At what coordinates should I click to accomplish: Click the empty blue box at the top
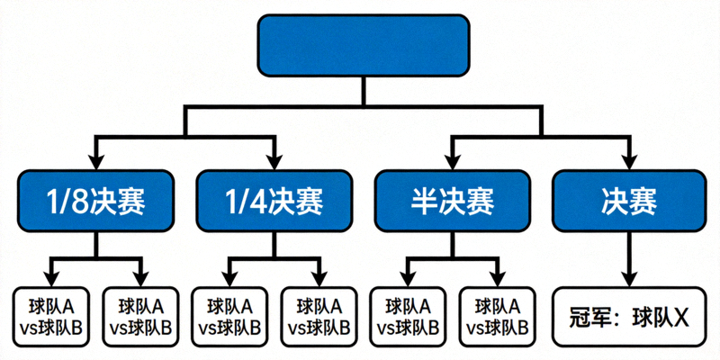click(363, 45)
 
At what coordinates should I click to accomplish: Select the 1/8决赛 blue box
click(94, 201)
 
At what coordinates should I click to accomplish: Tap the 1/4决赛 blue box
click(273, 201)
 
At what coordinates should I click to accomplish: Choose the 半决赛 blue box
click(452, 201)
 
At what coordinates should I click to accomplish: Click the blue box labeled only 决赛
click(629, 201)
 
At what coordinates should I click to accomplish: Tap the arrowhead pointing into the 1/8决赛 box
click(94, 163)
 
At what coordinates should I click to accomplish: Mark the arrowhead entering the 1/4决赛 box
click(273, 163)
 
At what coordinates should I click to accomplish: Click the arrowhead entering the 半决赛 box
click(452, 163)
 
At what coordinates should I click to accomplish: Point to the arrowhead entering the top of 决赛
click(629, 163)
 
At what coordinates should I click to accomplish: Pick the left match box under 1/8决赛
click(50, 317)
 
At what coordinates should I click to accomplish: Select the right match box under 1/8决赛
click(140, 317)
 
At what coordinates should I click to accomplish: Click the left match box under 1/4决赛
click(229, 317)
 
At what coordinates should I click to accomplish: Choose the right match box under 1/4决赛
click(319, 317)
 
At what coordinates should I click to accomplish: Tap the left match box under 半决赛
click(408, 317)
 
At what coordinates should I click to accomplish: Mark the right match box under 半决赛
click(497, 317)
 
